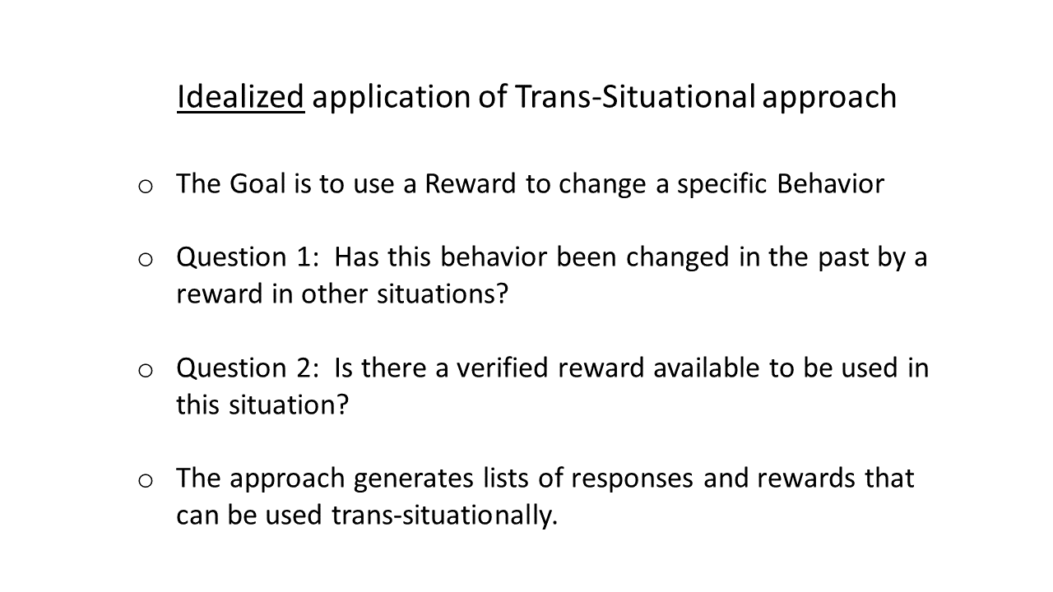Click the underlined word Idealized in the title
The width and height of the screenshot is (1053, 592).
(x=241, y=97)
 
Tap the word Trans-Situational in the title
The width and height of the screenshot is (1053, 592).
(x=635, y=97)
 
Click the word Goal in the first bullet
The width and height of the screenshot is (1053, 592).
(x=257, y=183)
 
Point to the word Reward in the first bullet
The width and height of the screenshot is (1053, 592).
(x=471, y=183)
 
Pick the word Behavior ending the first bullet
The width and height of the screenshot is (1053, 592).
(x=830, y=183)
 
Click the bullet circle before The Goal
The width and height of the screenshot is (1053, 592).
(x=146, y=187)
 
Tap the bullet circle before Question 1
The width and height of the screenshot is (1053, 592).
(x=146, y=260)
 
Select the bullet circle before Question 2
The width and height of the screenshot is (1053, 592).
(x=146, y=371)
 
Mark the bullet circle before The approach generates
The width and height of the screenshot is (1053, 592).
(x=146, y=481)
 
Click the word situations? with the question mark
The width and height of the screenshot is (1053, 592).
(x=443, y=294)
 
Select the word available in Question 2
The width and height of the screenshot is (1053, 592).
(x=707, y=368)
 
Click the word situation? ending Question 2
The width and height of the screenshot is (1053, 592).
(x=289, y=405)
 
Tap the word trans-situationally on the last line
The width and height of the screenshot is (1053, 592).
(x=444, y=516)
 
